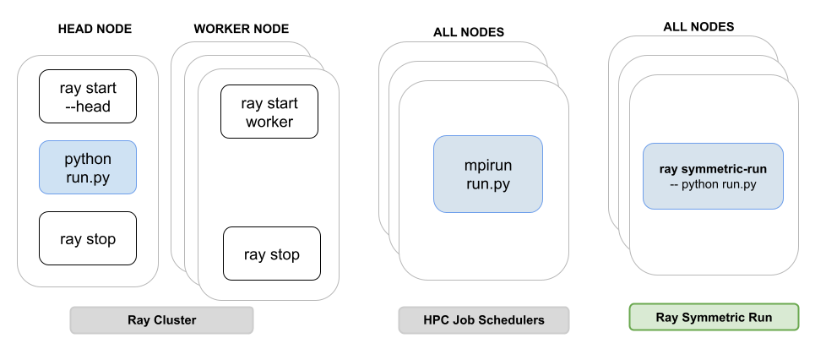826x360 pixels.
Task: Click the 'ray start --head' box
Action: coord(87,96)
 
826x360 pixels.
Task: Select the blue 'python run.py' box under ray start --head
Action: coord(87,168)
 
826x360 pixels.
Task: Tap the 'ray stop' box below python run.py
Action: coord(87,239)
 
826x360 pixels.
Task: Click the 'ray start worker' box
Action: coord(269,112)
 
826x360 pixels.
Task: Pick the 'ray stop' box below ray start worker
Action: coord(271,254)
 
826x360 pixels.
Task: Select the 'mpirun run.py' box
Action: coord(487,173)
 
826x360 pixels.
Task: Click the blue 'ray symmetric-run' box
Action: coord(713,176)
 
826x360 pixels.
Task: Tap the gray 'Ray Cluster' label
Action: coord(161,320)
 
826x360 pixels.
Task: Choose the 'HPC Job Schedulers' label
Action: coord(483,320)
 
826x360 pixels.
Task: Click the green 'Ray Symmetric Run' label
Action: coord(713,317)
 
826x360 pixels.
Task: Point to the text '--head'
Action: coord(88,106)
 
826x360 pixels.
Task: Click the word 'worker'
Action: coord(269,122)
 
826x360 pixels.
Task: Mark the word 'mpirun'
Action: coord(488,164)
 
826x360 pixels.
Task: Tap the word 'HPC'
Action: coord(436,320)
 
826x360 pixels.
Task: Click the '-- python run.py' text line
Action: coord(713,184)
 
